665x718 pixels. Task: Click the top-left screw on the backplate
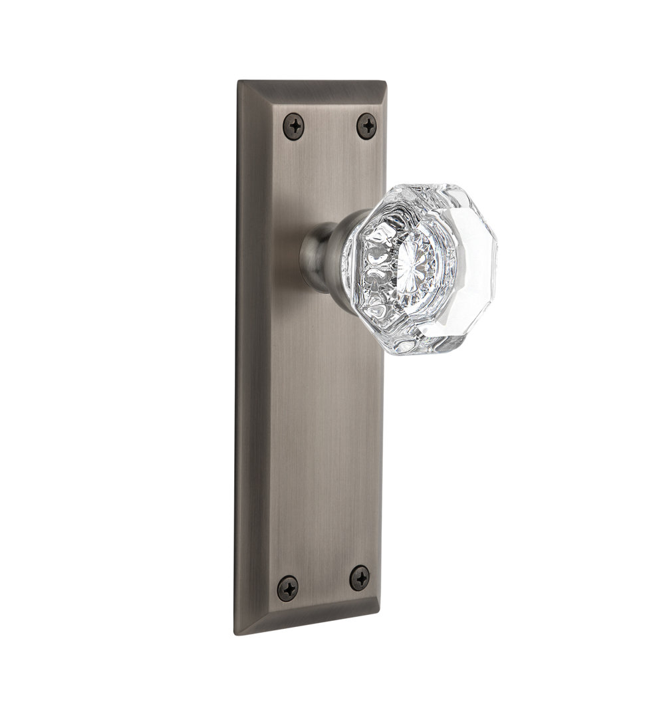coord(293,126)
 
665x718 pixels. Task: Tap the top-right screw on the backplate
coord(366,126)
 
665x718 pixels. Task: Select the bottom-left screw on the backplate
coord(288,588)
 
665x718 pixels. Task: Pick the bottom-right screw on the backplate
coord(360,578)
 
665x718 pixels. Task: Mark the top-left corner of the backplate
coord(239,82)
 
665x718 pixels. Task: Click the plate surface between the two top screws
coord(330,126)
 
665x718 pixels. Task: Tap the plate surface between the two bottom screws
coord(324,583)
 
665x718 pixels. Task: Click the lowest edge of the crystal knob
coord(426,354)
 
